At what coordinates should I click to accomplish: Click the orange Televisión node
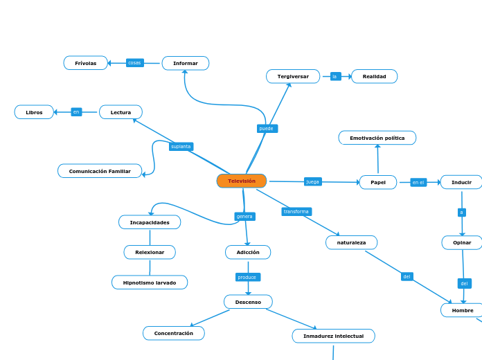[242, 181]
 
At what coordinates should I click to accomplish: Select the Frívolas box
[86, 63]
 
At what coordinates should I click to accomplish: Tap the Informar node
[186, 63]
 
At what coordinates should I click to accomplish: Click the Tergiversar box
[293, 76]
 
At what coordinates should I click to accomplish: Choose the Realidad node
[374, 76]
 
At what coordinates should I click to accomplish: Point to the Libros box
[34, 112]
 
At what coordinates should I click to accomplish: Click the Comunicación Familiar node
[100, 171]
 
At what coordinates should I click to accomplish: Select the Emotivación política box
[377, 138]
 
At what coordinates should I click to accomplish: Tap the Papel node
[378, 182]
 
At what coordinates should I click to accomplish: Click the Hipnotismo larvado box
[150, 282]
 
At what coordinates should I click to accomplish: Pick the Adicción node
[248, 252]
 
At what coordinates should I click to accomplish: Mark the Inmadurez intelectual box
[333, 336]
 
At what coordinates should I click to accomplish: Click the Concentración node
[174, 333]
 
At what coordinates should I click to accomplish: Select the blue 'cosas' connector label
[134, 63]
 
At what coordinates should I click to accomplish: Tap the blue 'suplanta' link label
[181, 147]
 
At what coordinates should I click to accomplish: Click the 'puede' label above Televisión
[266, 129]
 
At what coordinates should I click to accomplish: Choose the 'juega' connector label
[313, 181]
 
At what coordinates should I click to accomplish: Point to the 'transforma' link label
[296, 211]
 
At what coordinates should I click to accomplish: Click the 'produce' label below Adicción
[247, 277]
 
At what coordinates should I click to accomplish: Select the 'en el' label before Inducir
[418, 182]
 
